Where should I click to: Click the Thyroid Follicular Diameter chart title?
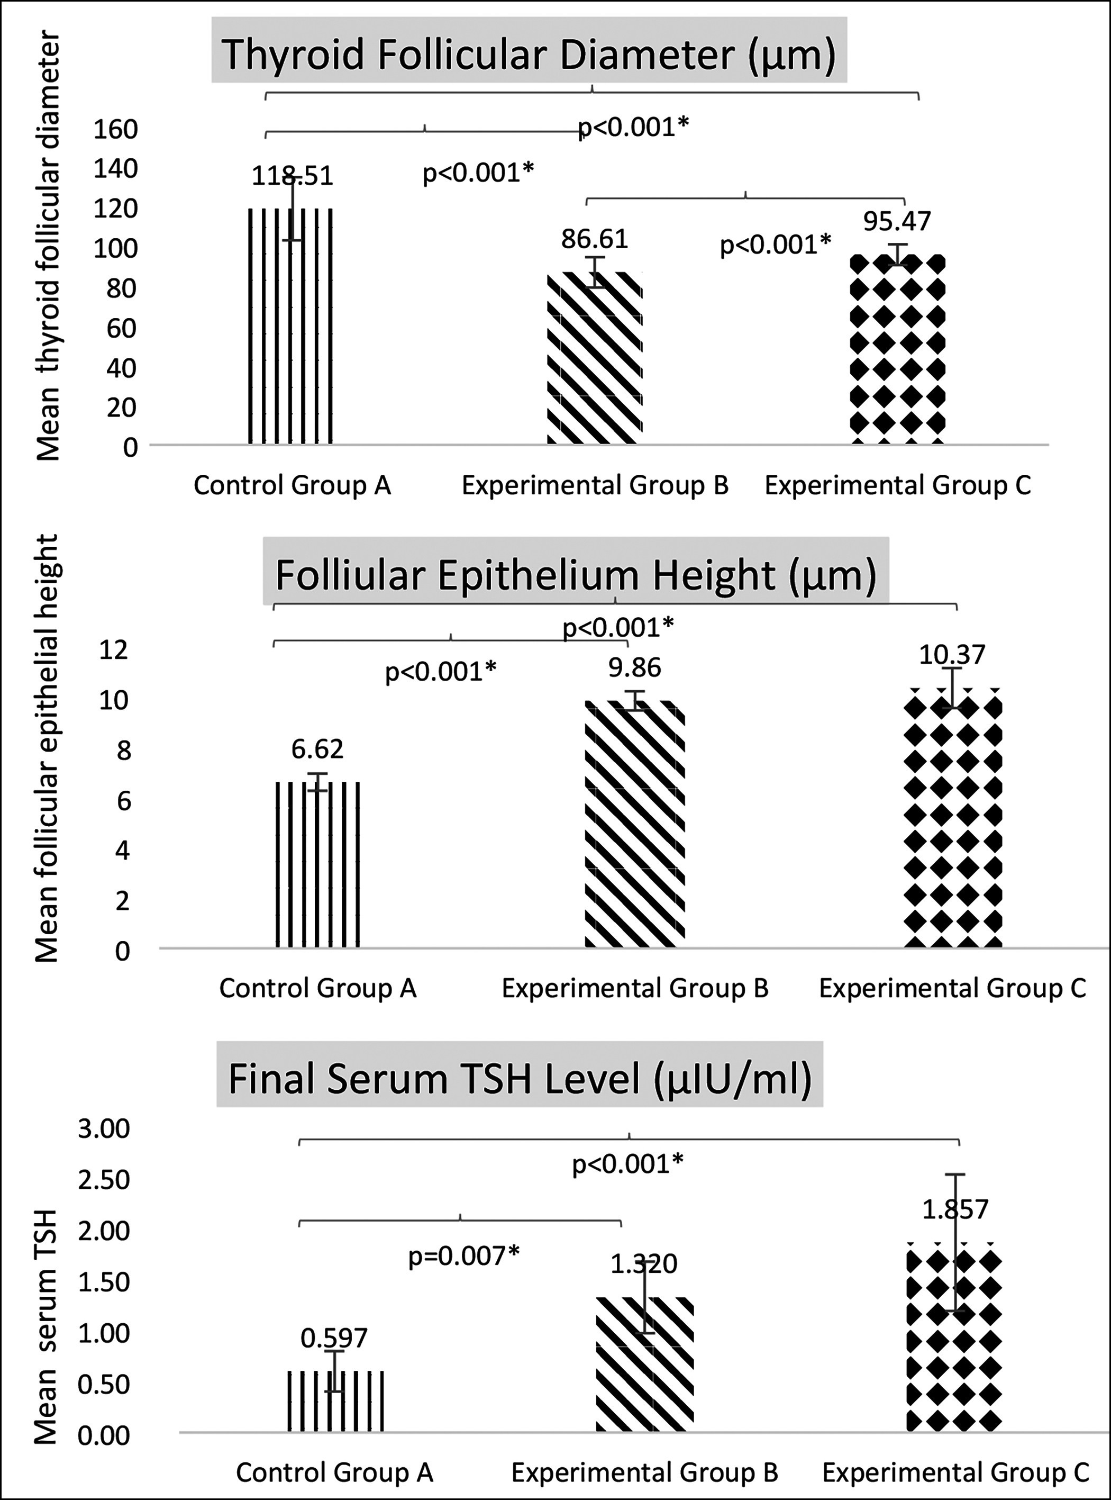pos(529,55)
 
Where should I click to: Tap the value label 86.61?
pos(595,239)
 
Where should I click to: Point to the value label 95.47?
pos(897,221)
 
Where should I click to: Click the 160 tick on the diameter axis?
pos(116,129)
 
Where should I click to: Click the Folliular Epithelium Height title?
pos(576,575)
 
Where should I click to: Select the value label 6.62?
pos(317,748)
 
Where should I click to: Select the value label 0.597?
pos(334,1339)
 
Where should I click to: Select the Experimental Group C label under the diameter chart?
pos(897,485)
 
